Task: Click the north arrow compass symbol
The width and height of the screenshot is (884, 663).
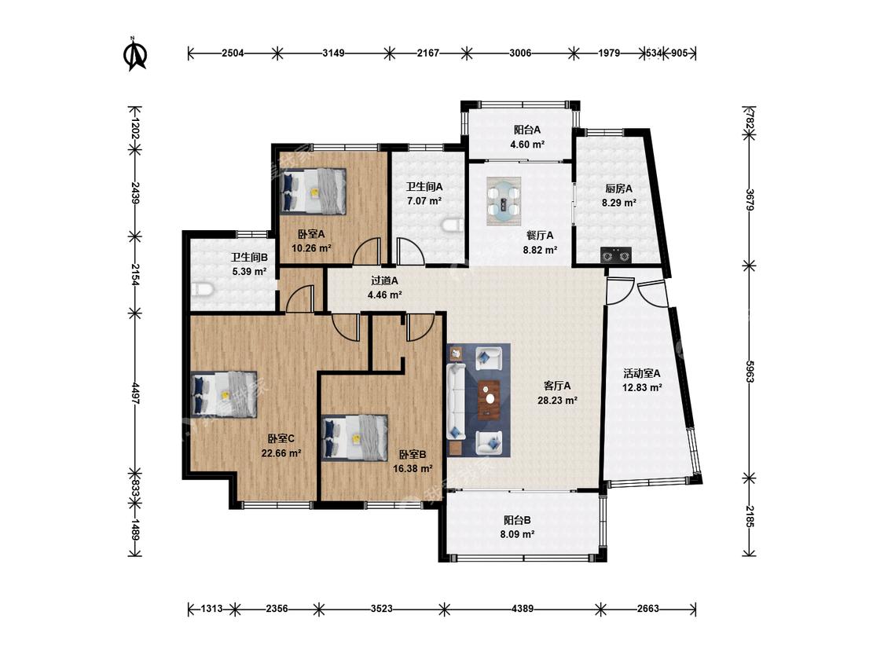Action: coord(134,55)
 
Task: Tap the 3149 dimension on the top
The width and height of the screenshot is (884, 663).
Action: coord(333,53)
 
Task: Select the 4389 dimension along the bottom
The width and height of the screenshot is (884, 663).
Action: coord(522,609)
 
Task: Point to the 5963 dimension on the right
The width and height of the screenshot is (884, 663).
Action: coord(750,372)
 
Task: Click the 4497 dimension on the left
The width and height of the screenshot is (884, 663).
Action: coord(135,393)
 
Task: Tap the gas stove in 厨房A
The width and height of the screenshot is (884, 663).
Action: coord(615,255)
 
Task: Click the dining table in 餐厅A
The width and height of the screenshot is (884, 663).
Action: coord(504,201)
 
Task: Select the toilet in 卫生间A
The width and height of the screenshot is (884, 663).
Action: coord(453,225)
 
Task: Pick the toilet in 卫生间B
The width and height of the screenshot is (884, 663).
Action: coord(202,290)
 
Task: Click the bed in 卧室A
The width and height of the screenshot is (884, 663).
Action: coord(313,191)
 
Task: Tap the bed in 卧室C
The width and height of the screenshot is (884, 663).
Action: coord(224,394)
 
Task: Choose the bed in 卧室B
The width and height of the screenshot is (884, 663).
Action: coord(354,438)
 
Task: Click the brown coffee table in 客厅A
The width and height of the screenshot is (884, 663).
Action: coord(489,400)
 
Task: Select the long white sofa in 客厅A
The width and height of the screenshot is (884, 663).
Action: coord(456,401)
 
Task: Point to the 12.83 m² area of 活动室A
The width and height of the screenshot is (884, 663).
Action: coord(641,387)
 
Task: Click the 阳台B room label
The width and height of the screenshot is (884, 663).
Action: coord(517,520)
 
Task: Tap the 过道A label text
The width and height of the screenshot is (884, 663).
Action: coord(384,280)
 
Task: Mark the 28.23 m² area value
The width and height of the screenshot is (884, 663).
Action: coord(557,401)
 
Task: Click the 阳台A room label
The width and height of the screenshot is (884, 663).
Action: coord(527,130)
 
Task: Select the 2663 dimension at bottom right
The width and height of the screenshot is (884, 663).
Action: coord(647,609)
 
